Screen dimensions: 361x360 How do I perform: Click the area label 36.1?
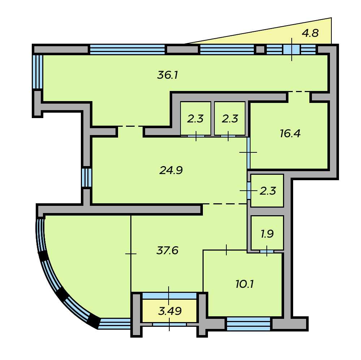168,75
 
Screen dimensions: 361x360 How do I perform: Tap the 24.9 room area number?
171,170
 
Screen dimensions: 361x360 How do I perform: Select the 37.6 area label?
168,250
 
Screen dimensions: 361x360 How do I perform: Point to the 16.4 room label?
290,133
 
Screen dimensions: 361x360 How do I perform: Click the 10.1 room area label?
244,284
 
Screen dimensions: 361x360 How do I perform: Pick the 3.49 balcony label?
170,311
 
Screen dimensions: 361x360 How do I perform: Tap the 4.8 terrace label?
310,33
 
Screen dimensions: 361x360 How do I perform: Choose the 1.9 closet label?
267,234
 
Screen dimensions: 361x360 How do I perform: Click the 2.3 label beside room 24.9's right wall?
268,191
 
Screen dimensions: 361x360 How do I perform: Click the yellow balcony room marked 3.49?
169,311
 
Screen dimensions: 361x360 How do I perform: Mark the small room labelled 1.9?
267,233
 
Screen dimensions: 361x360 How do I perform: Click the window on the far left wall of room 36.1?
38,71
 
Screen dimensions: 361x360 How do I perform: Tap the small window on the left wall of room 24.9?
87,177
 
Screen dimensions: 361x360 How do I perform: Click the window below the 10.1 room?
249,324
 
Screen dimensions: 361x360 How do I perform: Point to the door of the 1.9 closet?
267,251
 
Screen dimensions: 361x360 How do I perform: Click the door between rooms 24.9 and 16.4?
248,153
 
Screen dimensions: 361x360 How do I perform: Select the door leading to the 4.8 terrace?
292,49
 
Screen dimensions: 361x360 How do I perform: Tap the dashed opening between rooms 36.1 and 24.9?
130,126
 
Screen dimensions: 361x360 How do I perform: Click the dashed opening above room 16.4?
299,91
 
